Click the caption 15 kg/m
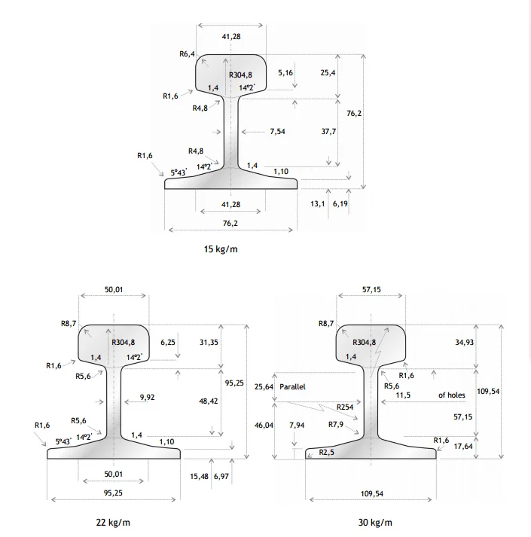pyautogui.click(x=221, y=249)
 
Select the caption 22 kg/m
pyautogui.click(x=113, y=522)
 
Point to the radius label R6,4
pyautogui.click(x=188, y=54)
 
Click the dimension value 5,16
pyautogui.click(x=285, y=73)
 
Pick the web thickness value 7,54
pyautogui.click(x=278, y=131)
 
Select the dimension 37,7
pyautogui.click(x=328, y=131)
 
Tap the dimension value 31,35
pyautogui.click(x=209, y=342)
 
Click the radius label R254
pyautogui.click(x=346, y=407)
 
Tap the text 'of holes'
pyautogui.click(x=452, y=395)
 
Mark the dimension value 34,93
pyautogui.click(x=465, y=343)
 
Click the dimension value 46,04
pyautogui.click(x=265, y=426)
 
